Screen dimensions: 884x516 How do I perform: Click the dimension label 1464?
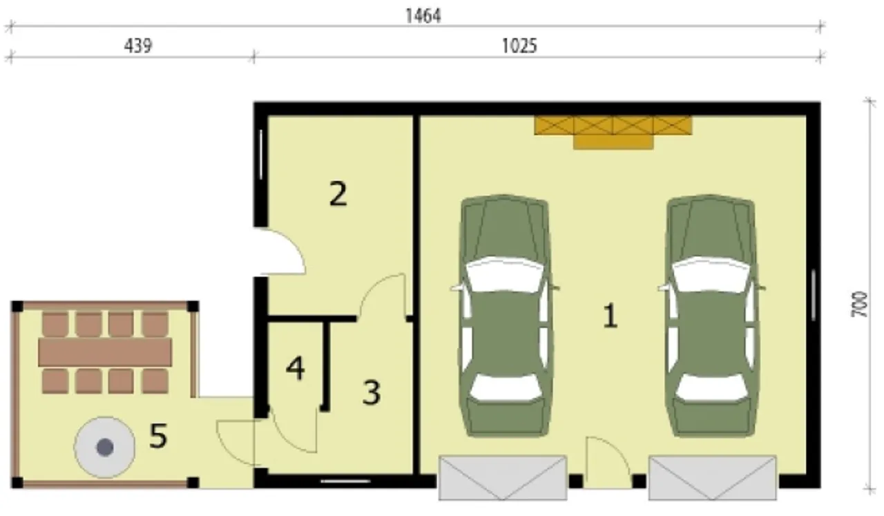[423, 16]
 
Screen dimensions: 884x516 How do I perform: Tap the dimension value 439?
[137, 46]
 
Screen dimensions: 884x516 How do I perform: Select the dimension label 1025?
[519, 46]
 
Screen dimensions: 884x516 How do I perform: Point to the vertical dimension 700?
[861, 305]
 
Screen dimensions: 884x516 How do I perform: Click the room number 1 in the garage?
[610, 316]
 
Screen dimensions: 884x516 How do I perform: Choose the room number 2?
[338, 193]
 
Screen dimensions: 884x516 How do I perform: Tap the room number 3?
[372, 392]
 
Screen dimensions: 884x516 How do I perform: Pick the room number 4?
[295, 368]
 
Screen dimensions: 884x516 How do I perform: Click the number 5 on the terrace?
[158, 436]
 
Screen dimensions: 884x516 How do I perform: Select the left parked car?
[505, 316]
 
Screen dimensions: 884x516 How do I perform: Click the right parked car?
[711, 316]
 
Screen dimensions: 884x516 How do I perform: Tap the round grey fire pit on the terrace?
[104, 448]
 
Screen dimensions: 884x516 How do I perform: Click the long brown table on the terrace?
[105, 352]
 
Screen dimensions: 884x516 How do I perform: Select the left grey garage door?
[503, 478]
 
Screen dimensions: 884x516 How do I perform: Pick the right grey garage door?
[713, 478]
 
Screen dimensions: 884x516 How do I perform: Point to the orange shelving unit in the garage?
[613, 132]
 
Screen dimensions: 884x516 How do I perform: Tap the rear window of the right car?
[711, 386]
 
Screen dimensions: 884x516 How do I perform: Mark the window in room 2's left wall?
[261, 154]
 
